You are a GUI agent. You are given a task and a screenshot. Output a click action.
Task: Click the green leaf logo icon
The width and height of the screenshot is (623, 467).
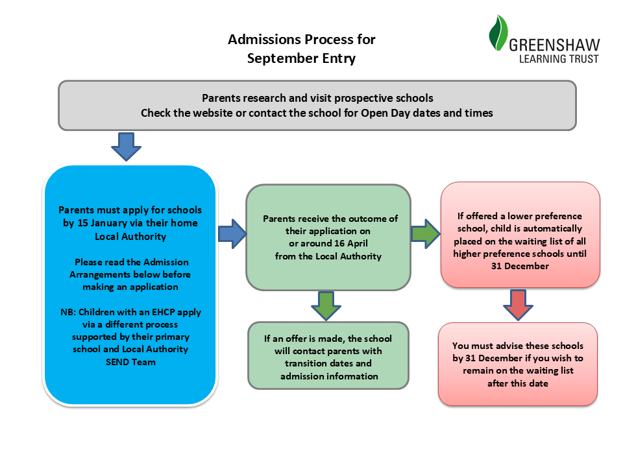498,33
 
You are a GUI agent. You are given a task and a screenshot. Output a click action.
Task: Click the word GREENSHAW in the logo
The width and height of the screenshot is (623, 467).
554,45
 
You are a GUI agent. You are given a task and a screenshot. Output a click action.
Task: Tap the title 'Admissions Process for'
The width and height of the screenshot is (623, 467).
302,40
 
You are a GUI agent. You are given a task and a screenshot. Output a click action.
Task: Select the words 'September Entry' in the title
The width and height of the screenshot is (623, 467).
302,58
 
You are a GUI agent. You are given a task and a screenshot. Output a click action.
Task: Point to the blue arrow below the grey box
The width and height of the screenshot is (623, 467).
127,146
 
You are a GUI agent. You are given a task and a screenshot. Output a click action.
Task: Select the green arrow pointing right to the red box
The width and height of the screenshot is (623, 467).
425,233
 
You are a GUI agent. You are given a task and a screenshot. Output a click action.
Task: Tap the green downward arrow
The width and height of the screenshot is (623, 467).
326,305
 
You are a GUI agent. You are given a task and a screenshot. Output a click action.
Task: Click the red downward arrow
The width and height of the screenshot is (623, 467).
519,305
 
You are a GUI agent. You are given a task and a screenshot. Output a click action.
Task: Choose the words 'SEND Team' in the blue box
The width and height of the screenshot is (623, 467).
130,362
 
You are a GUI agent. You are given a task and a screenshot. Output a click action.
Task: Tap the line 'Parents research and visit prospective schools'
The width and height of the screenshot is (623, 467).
317,99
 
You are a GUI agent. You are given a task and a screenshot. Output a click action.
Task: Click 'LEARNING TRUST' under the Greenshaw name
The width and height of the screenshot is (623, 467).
559,59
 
